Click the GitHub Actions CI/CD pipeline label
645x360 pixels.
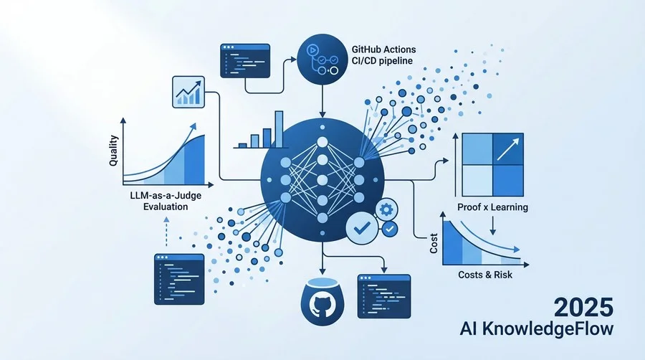point(383,55)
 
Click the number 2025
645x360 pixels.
point(583,308)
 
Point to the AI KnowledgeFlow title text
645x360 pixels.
point(536,328)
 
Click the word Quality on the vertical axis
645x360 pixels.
point(113,151)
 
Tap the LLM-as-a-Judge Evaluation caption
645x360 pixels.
point(166,201)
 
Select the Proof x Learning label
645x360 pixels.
point(492,207)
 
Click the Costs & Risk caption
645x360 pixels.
point(485,275)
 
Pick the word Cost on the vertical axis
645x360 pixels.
point(434,243)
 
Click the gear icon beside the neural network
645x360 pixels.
point(386,210)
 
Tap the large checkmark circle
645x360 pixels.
point(362,228)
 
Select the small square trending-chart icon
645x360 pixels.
point(188,93)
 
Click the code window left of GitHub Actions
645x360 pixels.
point(245,61)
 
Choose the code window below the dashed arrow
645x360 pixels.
point(179,280)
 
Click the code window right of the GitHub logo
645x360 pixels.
point(384,296)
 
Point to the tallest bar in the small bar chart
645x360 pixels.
point(279,129)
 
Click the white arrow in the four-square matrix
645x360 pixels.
point(508,149)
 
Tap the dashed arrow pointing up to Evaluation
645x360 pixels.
point(166,232)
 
